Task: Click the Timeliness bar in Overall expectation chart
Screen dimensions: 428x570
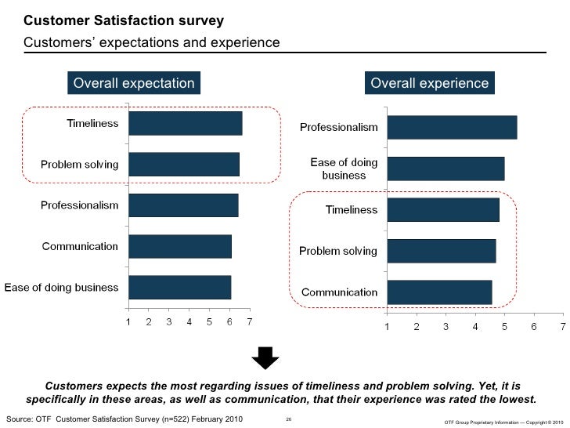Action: point(185,124)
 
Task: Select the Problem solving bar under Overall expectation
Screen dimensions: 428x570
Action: point(183,165)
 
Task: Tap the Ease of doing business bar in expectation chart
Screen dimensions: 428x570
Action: point(179,288)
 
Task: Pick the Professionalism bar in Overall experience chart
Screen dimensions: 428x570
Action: point(451,128)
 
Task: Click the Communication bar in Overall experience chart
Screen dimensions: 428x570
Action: point(438,292)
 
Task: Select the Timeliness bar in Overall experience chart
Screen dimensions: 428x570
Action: point(442,210)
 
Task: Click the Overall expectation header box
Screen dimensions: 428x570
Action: point(133,83)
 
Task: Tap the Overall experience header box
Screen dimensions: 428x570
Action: point(429,83)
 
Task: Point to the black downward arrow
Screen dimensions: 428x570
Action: point(265,359)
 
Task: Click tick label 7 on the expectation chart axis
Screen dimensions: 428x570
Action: point(249,321)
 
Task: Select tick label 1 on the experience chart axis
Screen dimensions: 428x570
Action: point(386,327)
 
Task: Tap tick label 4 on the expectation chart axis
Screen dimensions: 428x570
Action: point(189,321)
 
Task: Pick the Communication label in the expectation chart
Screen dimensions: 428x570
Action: point(80,246)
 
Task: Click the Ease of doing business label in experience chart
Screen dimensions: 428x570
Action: point(344,169)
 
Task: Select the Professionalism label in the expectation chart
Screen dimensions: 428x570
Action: point(79,205)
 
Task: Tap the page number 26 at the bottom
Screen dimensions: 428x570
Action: point(289,421)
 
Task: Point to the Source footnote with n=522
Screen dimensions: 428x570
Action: point(124,420)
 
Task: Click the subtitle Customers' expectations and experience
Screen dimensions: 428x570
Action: point(151,42)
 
